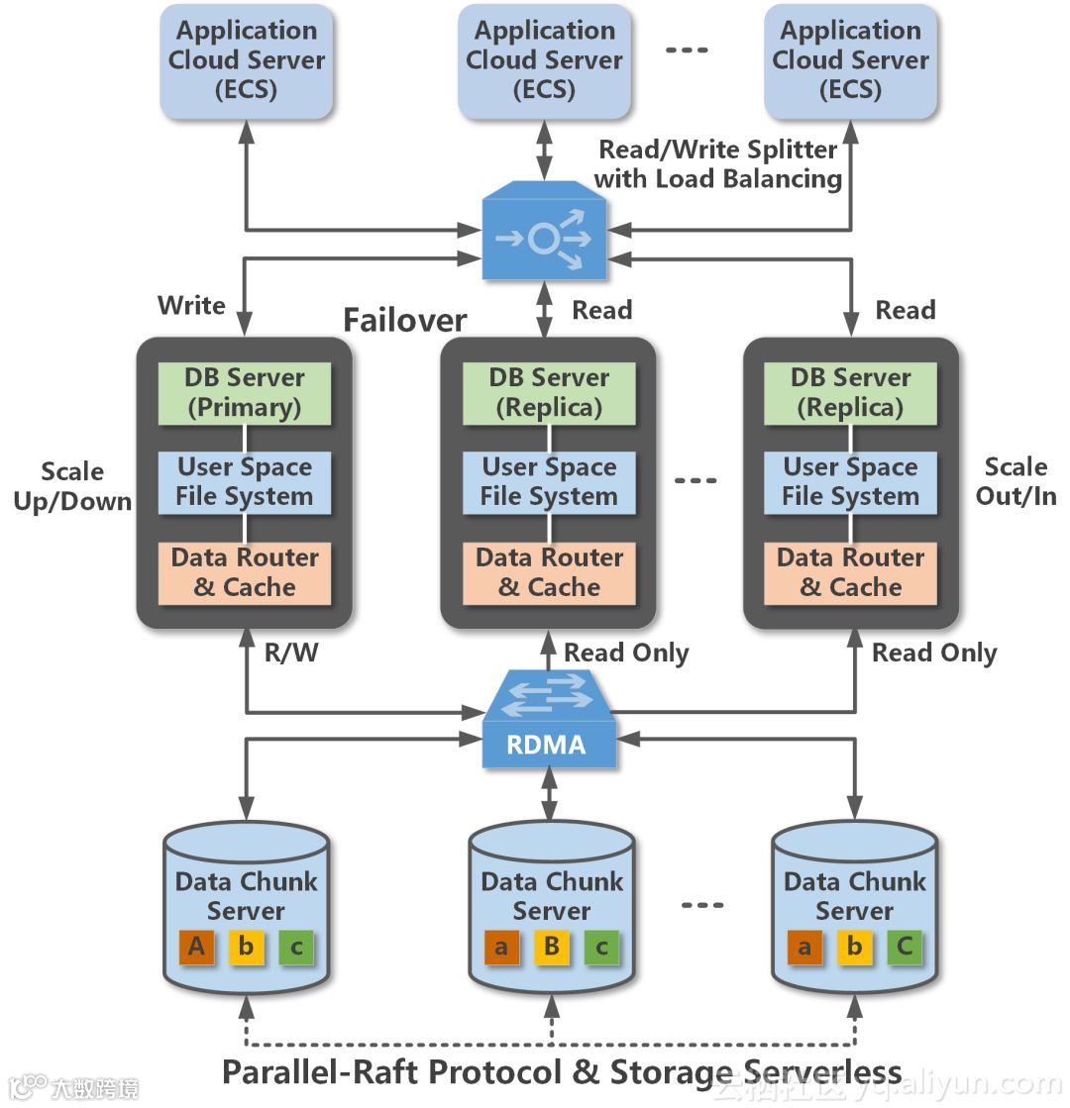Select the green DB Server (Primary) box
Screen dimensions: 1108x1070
pos(245,393)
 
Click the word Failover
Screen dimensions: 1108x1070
pos(404,320)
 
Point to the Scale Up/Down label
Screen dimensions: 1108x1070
pos(72,486)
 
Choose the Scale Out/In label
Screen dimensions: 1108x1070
pos(1016,481)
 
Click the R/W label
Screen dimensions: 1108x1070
pos(291,654)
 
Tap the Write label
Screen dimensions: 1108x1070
pos(191,305)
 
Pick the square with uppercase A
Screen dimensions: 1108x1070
pos(196,948)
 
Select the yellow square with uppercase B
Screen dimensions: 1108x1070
pos(552,948)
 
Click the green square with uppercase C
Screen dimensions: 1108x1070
pos(904,948)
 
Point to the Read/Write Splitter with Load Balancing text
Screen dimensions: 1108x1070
pos(718,164)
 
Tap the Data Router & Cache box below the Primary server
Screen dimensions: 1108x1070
pos(245,572)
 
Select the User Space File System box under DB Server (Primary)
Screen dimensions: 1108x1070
pos(245,481)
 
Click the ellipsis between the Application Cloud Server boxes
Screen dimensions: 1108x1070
pos(687,50)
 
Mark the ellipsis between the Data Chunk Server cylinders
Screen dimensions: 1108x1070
pos(702,904)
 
